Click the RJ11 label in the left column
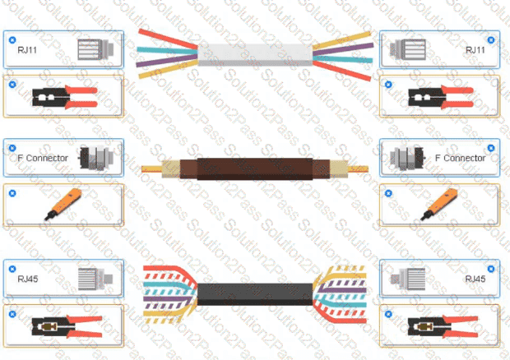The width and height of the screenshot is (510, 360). click(27, 50)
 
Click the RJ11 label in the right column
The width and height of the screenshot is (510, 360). click(475, 50)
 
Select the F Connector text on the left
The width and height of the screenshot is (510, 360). click(43, 159)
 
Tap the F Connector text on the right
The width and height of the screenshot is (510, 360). click(460, 159)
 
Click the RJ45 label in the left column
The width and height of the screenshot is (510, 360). click(28, 279)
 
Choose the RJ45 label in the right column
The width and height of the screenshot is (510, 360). click(475, 279)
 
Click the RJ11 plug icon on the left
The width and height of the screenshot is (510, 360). click(95, 49)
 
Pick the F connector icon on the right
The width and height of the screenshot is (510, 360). click(407, 158)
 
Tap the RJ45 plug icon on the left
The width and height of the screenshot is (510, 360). click(95, 279)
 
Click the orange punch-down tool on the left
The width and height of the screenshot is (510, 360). click(63, 205)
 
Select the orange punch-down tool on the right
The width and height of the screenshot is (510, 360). click(438, 205)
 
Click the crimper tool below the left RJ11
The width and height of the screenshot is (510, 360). click(65, 97)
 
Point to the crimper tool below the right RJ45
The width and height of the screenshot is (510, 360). click(443, 326)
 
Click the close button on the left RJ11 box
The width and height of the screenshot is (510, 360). click(12, 40)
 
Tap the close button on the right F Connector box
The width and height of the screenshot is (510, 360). click(491, 148)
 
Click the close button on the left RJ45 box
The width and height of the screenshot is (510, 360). click(12, 269)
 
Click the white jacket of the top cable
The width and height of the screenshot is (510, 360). click(255, 54)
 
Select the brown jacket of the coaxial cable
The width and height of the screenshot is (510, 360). click(255, 169)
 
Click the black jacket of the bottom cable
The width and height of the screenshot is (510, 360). click(255, 294)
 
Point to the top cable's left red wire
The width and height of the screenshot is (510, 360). click(168, 39)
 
